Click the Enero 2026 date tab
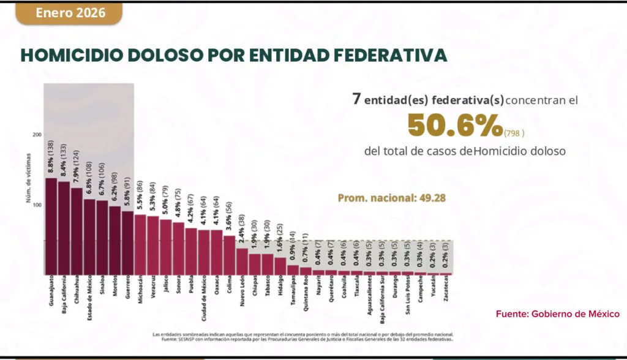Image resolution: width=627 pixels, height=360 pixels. click(x=69, y=13)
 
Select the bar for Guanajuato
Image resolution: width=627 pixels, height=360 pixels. click(x=51, y=227)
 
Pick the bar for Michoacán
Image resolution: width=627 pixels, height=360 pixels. click(x=140, y=244)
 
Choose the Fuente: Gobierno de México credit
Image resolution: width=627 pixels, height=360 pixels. click(x=557, y=313)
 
